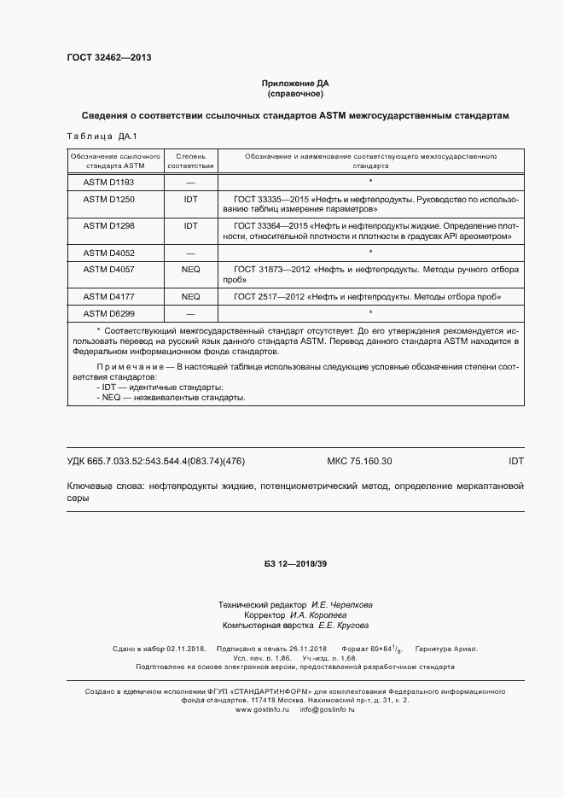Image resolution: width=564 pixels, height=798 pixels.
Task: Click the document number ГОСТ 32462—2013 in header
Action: point(108,58)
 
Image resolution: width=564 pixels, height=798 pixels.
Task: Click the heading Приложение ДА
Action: point(294,83)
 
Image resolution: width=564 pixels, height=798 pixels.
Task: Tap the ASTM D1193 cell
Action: point(109,182)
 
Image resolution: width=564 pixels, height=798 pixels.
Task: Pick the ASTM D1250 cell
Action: point(109,199)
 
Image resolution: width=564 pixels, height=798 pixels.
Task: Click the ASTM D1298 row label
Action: point(109,226)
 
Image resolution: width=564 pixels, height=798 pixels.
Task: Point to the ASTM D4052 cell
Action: point(109,253)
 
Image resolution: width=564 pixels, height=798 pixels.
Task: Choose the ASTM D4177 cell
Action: point(109,296)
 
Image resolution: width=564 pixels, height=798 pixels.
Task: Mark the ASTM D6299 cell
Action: point(109,313)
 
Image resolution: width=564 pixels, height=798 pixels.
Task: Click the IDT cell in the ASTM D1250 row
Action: point(190,199)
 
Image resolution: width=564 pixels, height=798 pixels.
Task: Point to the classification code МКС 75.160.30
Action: point(359,461)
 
